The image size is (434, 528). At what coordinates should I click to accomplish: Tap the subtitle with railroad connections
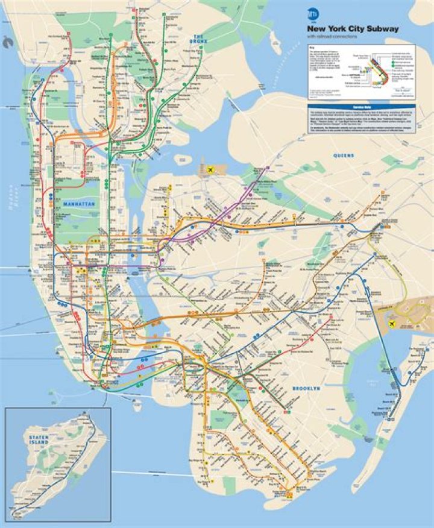pos(333,37)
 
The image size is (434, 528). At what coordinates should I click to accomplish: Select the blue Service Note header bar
pos(360,106)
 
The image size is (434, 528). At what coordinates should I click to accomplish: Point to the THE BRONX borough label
pos(197,40)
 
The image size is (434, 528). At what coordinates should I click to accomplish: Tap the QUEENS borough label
pos(344,156)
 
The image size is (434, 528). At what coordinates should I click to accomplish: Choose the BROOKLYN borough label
pos(306,389)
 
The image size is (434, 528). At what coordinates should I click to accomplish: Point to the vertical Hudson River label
pos(10,199)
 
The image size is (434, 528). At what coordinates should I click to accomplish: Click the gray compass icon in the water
pos(8,41)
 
